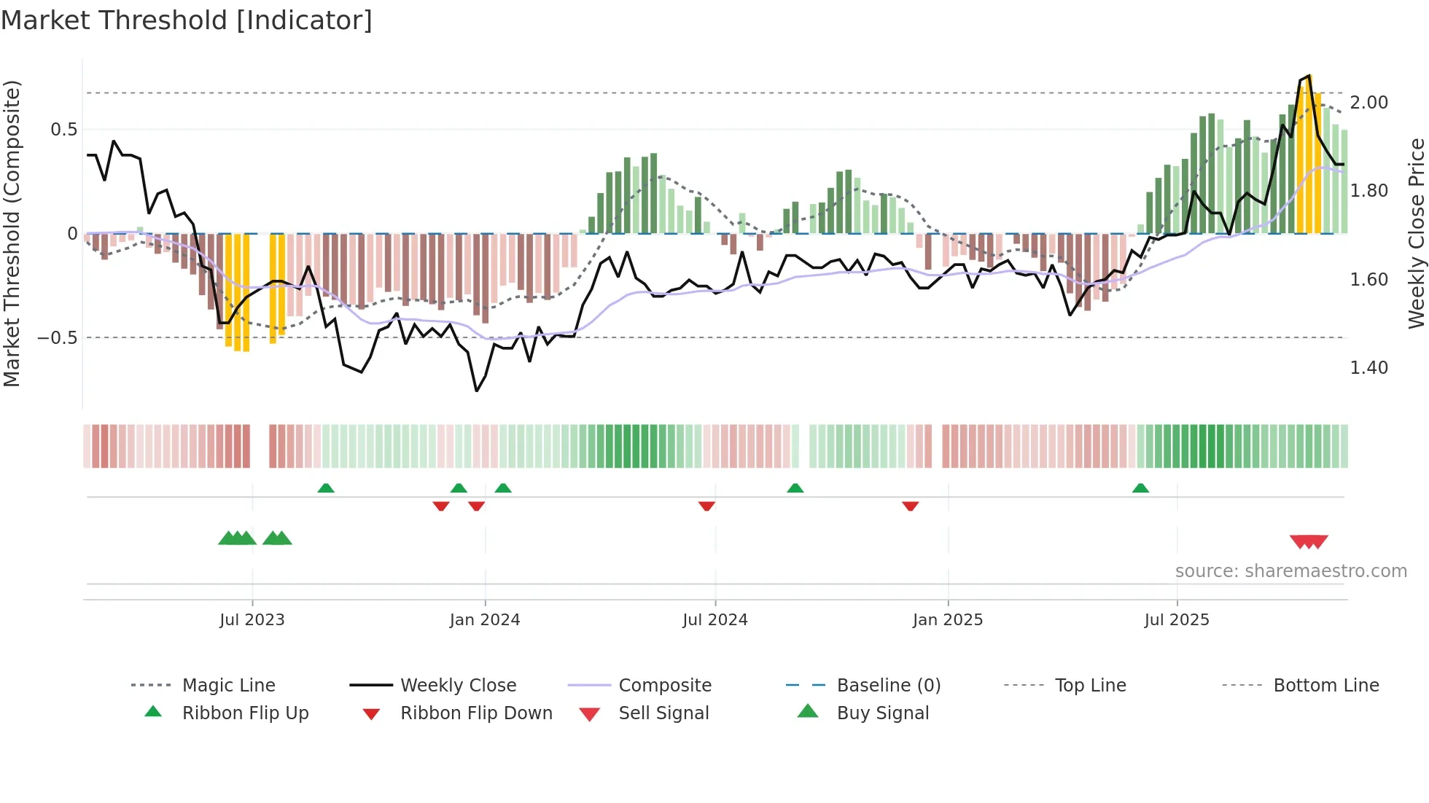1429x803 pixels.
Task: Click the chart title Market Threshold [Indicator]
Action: pyautogui.click(x=187, y=20)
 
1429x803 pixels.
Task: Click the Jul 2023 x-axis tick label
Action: pyautogui.click(x=252, y=620)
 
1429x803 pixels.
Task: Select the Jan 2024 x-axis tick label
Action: pyautogui.click(x=485, y=620)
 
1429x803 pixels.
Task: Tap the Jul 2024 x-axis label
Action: pyautogui.click(x=714, y=620)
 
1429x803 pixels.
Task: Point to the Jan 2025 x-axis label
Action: pyautogui.click(x=947, y=620)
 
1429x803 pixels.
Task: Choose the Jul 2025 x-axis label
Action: pyautogui.click(x=1176, y=620)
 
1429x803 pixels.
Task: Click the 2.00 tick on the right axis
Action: pyautogui.click(x=1368, y=103)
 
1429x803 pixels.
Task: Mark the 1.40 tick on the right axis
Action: pyautogui.click(x=1368, y=368)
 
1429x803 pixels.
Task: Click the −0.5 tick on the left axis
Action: pyautogui.click(x=57, y=338)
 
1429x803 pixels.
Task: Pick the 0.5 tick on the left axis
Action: pyautogui.click(x=63, y=130)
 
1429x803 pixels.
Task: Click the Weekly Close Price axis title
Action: pyautogui.click(x=1416, y=233)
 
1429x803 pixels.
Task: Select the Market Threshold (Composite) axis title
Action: pyautogui.click(x=12, y=233)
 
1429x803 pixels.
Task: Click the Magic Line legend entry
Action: pyautogui.click(x=228, y=686)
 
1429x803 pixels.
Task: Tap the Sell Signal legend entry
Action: pyautogui.click(x=663, y=713)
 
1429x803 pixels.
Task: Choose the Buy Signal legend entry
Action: pyautogui.click(x=882, y=713)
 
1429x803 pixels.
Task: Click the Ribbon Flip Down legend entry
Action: pyautogui.click(x=476, y=713)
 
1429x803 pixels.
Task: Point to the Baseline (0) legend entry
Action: pyautogui.click(x=888, y=686)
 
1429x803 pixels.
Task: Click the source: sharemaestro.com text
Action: pyautogui.click(x=1290, y=571)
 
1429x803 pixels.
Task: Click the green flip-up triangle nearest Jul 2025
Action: pyautogui.click(x=1140, y=488)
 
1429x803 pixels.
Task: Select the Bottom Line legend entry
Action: pyautogui.click(x=1325, y=686)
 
